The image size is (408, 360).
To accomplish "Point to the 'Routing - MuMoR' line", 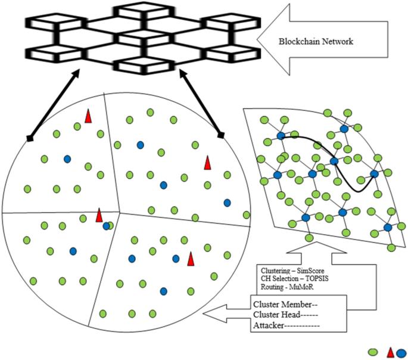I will (x=282, y=286).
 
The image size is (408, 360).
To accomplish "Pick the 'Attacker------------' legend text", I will (x=286, y=325).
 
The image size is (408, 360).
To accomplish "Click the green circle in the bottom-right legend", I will (x=375, y=352).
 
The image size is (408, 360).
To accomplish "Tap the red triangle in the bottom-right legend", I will (x=391, y=352).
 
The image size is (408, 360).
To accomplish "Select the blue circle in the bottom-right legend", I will (x=401, y=352).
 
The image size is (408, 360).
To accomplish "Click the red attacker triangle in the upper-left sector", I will (x=88, y=117).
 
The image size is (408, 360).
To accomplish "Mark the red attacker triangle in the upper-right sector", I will (x=208, y=162).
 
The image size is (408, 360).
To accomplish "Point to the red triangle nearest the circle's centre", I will (x=99, y=216).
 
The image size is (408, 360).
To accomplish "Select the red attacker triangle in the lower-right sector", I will (x=191, y=259).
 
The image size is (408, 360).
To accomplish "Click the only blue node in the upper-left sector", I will (x=67, y=159).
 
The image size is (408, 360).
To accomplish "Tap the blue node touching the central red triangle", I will (x=106, y=226).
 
